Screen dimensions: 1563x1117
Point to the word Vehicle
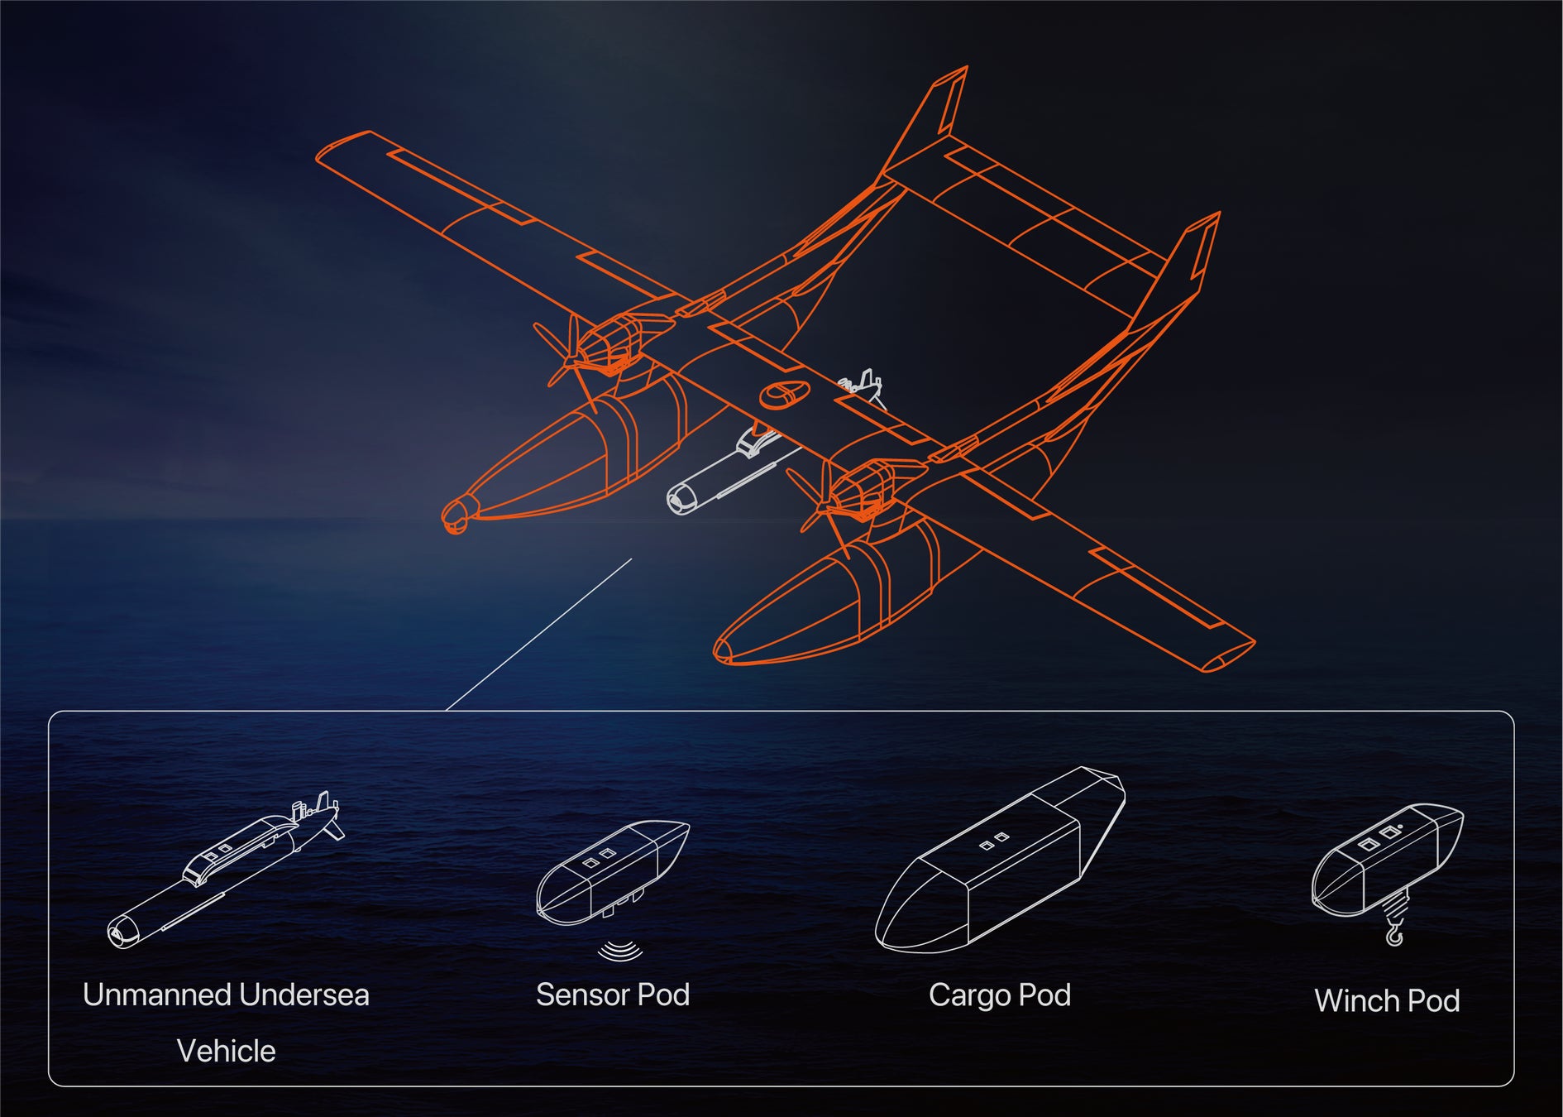226,1051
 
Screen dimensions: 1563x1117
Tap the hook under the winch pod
1394,933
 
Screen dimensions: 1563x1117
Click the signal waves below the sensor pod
620,951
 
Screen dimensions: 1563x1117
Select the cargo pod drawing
1000,861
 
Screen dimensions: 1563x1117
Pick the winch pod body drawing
1387,861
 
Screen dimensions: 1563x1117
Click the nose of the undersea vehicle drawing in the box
122,933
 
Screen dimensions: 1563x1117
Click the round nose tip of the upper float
456,515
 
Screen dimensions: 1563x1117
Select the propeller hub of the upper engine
571,357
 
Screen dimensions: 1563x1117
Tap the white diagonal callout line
538,635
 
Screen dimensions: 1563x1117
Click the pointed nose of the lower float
722,652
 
